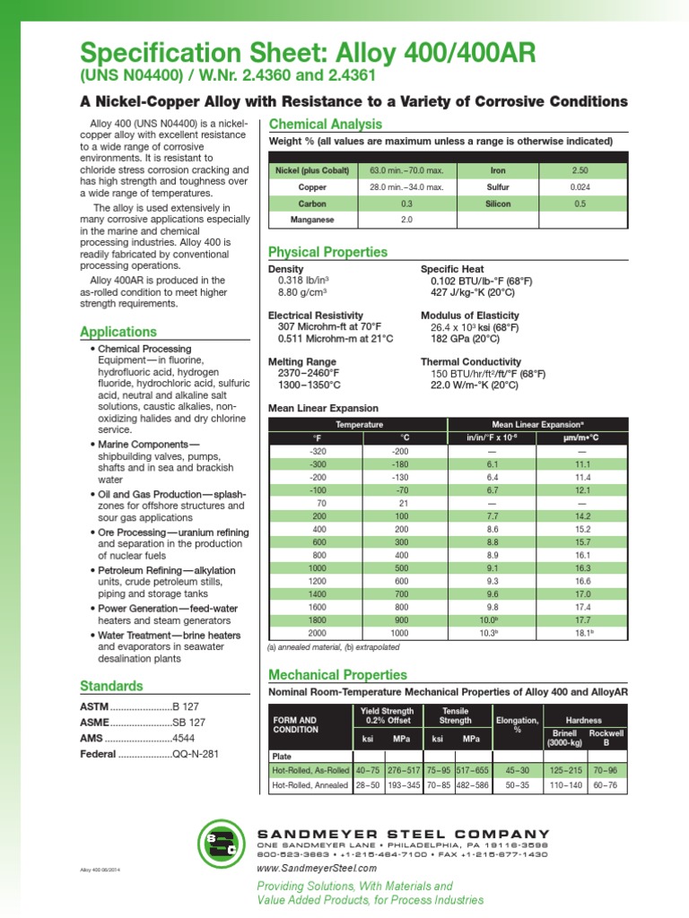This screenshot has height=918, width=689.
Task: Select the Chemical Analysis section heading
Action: [326, 124]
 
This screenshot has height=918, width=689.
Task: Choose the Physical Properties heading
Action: [328, 252]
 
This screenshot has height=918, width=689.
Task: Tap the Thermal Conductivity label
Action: [470, 361]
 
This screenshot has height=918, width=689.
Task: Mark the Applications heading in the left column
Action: [118, 332]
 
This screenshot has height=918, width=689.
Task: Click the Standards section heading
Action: [111, 686]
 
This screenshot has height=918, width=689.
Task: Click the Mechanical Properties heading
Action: [338, 674]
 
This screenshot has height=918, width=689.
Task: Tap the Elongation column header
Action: [517, 724]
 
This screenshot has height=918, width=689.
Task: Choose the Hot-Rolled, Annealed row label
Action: [310, 785]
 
